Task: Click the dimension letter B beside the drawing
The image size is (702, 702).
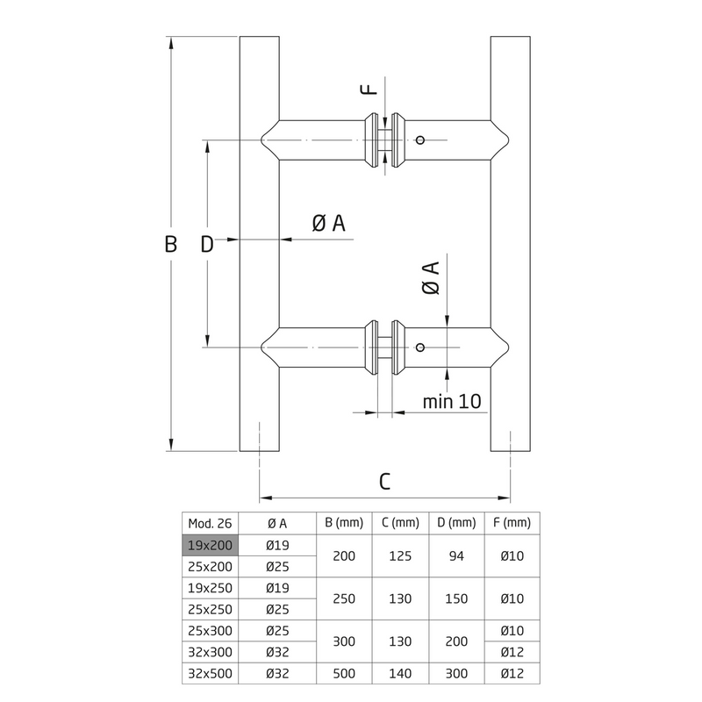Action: (x=171, y=244)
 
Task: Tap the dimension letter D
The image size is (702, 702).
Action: (x=206, y=245)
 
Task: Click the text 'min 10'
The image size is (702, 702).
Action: (x=452, y=401)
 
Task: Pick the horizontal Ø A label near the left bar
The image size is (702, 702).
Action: (x=329, y=224)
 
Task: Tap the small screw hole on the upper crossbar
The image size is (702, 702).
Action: (x=420, y=140)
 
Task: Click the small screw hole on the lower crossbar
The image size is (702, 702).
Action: (x=420, y=347)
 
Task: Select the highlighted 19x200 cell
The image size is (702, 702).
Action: (x=211, y=545)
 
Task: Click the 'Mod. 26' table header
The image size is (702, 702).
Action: (x=211, y=523)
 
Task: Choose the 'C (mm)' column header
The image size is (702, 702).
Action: (x=401, y=523)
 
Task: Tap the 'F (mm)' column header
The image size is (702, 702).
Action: (x=512, y=523)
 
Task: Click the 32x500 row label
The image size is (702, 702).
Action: (x=211, y=672)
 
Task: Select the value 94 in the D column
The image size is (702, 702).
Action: (x=456, y=555)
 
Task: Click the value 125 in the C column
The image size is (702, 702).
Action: (x=401, y=555)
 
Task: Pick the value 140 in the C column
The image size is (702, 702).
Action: (x=401, y=672)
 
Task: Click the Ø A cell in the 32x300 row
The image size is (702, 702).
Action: (x=277, y=651)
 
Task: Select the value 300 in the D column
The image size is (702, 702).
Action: (x=456, y=672)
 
